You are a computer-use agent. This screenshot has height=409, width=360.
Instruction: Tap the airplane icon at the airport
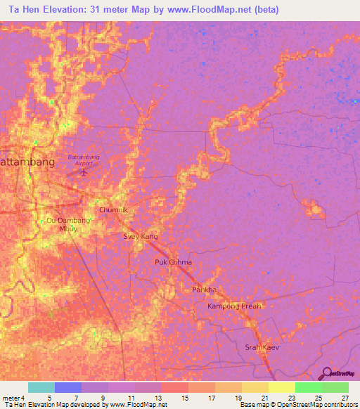pyautogui.click(x=84, y=171)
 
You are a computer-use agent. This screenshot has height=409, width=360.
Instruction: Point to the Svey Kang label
pyautogui.click(x=141, y=237)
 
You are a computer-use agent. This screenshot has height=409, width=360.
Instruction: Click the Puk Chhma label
pyautogui.click(x=173, y=262)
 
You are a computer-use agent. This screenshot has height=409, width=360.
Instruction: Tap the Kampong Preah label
pyautogui.click(x=234, y=306)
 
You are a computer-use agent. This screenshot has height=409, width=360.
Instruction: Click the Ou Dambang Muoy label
pyautogui.click(x=68, y=224)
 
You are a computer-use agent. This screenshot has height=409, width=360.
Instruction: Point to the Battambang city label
pyautogui.click(x=27, y=162)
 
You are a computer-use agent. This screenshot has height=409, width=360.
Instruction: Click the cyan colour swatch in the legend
pyautogui.click(x=41, y=387)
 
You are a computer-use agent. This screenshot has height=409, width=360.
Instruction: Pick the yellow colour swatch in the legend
pyautogui.click(x=282, y=387)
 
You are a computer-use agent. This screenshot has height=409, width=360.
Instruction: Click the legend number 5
pyautogui.click(x=49, y=398)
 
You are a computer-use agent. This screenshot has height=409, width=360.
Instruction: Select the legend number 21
pyautogui.click(x=264, y=398)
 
